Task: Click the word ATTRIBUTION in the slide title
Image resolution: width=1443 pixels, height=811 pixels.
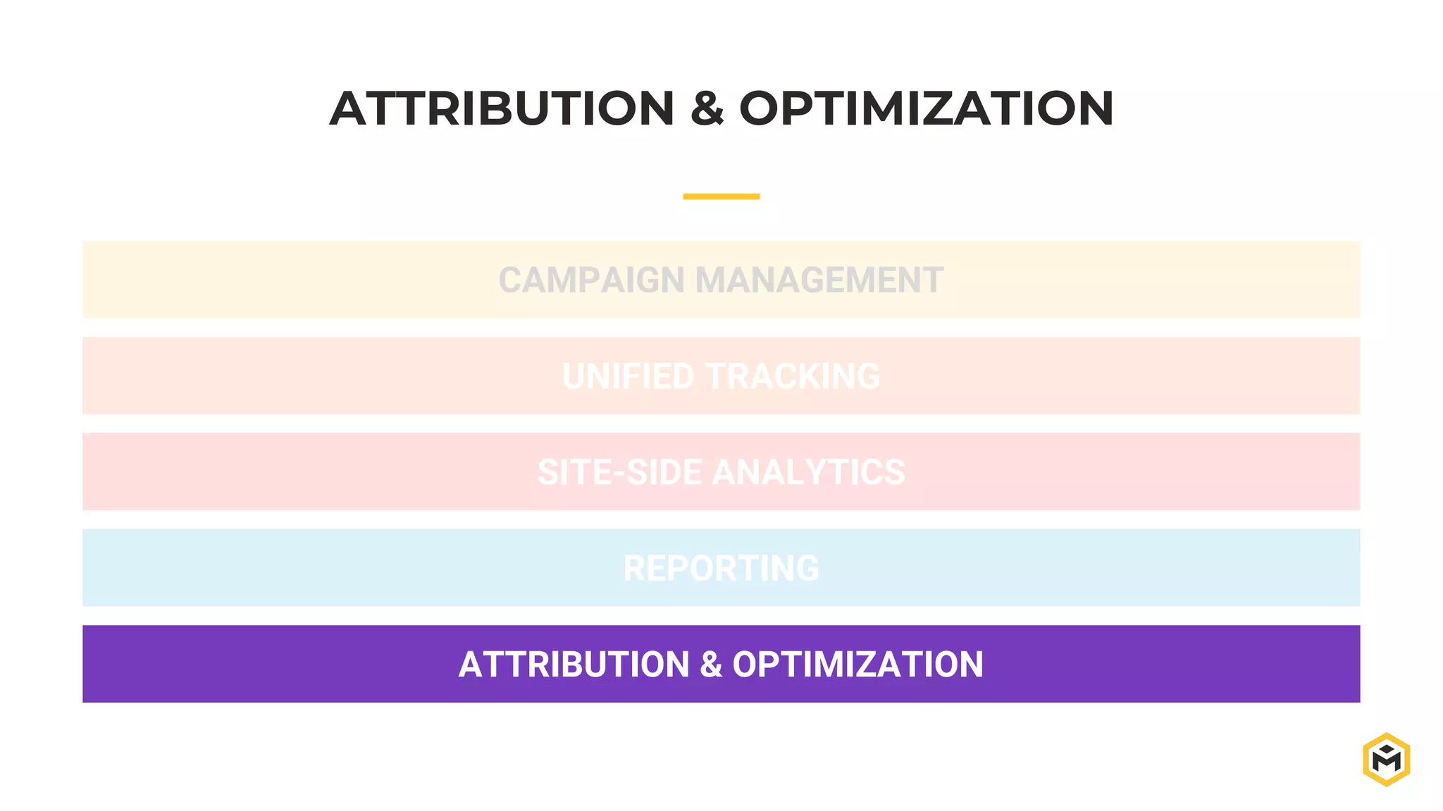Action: (502, 109)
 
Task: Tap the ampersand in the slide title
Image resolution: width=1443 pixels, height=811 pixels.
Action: (707, 109)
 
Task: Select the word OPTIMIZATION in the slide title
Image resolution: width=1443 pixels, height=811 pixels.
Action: (926, 109)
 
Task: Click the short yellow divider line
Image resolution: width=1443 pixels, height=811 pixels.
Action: (721, 196)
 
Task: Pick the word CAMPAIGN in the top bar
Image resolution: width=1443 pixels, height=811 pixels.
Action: (590, 280)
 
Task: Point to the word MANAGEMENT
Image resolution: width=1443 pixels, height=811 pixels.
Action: (819, 280)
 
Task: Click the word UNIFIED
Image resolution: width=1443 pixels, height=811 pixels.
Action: (628, 376)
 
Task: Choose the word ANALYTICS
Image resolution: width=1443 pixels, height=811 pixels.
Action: (808, 472)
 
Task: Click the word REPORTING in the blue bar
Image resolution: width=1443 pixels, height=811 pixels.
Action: (721, 568)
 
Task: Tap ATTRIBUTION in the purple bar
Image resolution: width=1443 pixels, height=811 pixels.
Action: (574, 665)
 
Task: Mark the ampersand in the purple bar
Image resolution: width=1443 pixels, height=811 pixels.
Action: (711, 665)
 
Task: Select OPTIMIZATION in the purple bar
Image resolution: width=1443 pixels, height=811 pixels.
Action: (857, 665)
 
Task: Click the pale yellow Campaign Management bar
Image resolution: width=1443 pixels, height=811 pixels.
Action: (282, 280)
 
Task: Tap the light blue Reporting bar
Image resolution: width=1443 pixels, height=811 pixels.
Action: (282, 568)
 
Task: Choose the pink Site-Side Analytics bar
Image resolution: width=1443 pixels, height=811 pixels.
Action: (282, 472)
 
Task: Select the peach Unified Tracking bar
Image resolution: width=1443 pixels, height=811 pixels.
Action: (282, 376)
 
